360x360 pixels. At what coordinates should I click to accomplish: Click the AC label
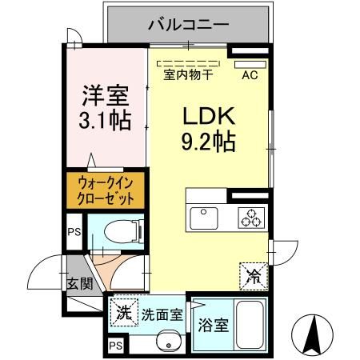[250, 75]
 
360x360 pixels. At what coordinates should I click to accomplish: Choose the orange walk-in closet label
[101, 190]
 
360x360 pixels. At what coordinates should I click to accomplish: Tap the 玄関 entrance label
[78, 283]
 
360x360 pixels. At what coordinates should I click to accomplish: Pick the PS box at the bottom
[116, 346]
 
